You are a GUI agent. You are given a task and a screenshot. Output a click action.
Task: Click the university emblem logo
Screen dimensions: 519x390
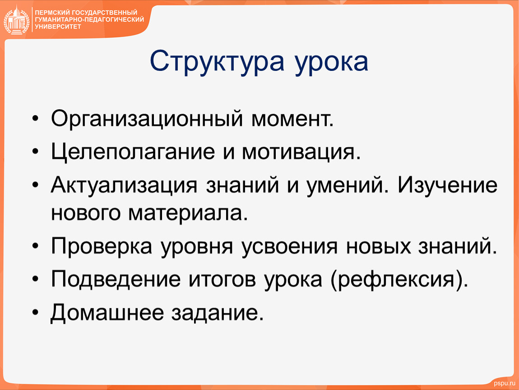tap(17, 20)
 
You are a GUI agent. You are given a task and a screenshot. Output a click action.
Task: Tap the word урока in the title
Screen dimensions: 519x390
tap(331, 63)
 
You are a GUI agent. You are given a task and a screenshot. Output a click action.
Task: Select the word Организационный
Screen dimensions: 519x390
tap(147, 119)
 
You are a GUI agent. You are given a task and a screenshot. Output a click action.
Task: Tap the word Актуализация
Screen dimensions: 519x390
tap(124, 185)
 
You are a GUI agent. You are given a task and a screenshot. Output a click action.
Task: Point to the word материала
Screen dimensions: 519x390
tap(188, 214)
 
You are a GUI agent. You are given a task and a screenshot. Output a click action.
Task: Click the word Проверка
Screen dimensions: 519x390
tap(102, 246)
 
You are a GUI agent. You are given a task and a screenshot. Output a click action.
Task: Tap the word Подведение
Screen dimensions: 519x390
tap(116, 279)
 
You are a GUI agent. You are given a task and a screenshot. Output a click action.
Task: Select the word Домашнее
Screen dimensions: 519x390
tap(107, 312)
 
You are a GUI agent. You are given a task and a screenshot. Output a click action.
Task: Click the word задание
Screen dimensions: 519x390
tap(218, 313)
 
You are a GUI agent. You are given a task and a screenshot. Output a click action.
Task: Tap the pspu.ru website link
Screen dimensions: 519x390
tap(504, 383)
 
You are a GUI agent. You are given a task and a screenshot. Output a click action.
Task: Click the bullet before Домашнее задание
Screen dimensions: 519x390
tap(35, 312)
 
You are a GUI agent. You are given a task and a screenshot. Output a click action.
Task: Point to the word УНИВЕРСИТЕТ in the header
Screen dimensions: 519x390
tap(58, 27)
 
